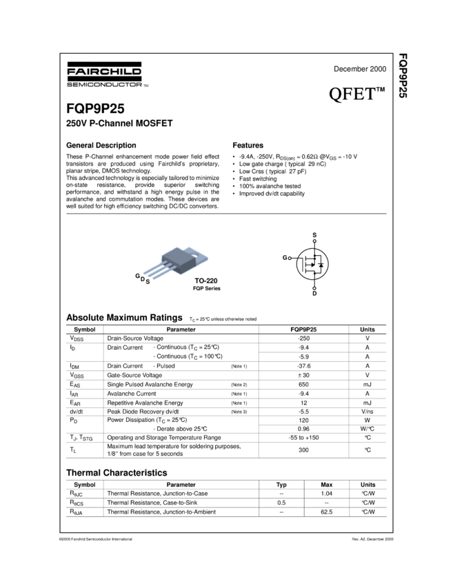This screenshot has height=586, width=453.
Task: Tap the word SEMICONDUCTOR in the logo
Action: (103, 84)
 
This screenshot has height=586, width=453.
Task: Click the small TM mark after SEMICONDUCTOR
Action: (145, 85)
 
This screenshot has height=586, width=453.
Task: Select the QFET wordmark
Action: (352, 94)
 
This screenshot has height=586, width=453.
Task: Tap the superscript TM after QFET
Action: (380, 88)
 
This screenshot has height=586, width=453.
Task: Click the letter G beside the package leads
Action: (137, 276)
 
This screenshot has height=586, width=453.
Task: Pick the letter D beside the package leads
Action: (143, 279)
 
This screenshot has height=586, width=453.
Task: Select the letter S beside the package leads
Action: (148, 282)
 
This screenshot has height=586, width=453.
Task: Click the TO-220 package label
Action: (205, 281)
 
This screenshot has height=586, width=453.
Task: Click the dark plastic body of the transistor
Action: (180, 259)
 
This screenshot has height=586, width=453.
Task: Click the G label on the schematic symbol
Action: (285, 257)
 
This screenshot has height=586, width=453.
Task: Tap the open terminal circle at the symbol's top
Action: (314, 241)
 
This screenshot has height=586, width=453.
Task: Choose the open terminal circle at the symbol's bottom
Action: (314, 288)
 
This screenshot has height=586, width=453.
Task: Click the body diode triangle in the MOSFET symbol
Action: (321, 265)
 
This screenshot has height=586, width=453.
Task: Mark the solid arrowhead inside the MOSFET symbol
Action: (312, 265)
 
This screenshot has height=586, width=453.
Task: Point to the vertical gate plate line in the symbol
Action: (303, 264)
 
